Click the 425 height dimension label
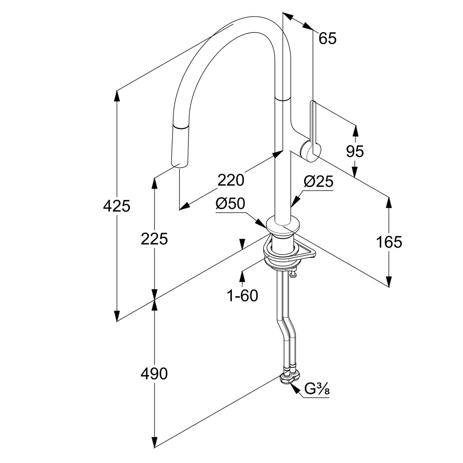[x=117, y=206]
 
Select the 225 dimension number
[x=154, y=239]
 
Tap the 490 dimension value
[x=154, y=374]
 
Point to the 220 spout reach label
[x=231, y=180]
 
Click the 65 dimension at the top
[x=327, y=38]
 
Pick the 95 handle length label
[x=355, y=151]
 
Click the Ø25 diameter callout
[x=318, y=182]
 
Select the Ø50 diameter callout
[x=230, y=204]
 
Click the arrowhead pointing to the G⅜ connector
[x=295, y=389]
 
